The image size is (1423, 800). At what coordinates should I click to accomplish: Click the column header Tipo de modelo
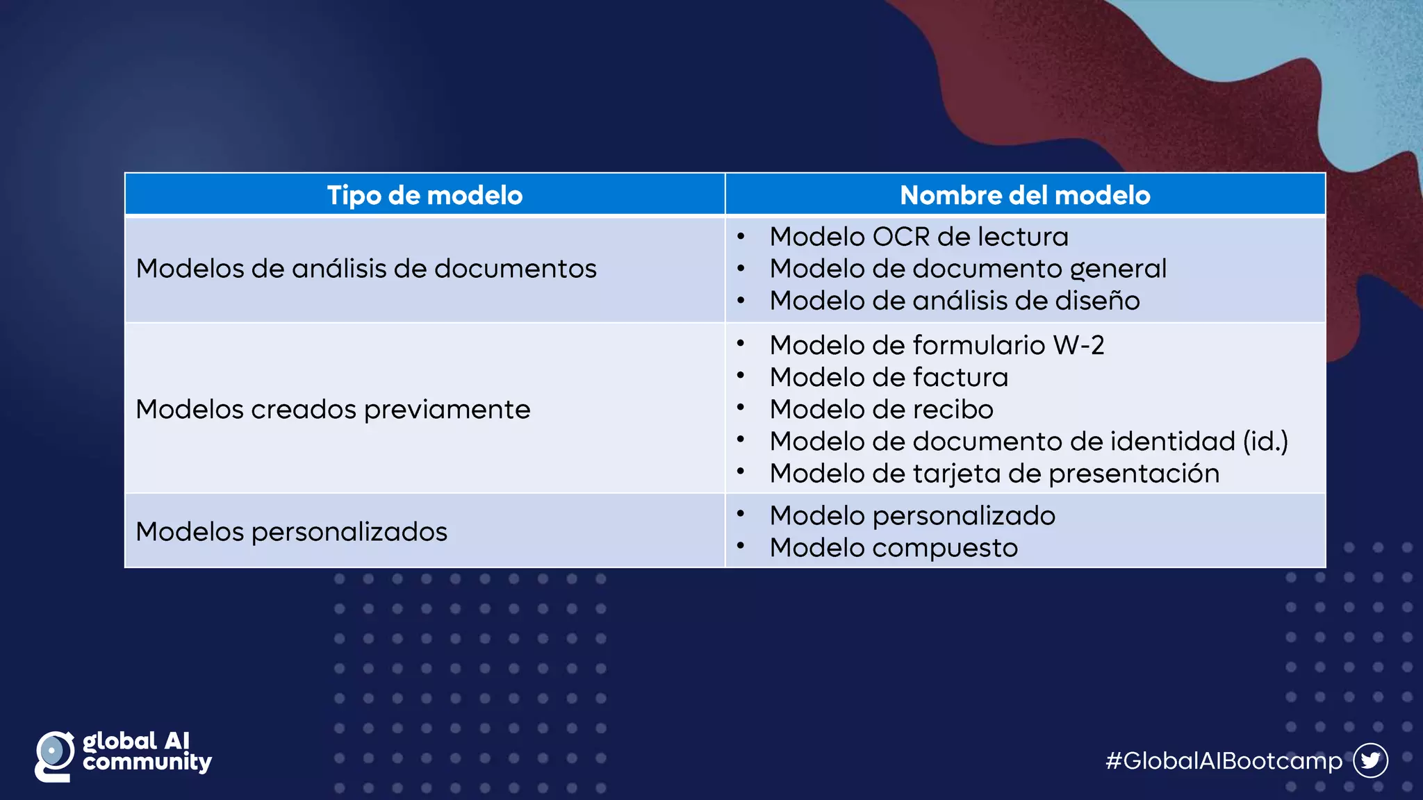(425, 195)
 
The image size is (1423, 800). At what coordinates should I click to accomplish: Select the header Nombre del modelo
(1025, 195)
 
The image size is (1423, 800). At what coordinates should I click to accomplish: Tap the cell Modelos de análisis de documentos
(366, 269)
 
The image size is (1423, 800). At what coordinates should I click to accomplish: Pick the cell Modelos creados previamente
(333, 410)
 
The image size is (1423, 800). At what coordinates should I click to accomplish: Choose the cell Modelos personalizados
(291, 532)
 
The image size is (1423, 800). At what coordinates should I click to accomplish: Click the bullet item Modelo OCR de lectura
(919, 237)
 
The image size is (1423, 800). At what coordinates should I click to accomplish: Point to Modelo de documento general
(968, 269)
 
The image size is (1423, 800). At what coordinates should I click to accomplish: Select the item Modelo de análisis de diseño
(955, 301)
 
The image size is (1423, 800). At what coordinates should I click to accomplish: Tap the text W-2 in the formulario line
(1078, 345)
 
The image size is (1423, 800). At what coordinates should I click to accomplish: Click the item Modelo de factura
(889, 377)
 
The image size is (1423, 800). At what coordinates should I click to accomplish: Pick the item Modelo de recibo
(881, 409)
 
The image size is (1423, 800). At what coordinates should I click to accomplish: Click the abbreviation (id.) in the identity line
(1265, 442)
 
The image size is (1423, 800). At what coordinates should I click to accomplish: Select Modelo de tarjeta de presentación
(994, 474)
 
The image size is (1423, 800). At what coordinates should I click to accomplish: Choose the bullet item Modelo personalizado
(912, 516)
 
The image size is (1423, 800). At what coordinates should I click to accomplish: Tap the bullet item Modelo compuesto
(894, 548)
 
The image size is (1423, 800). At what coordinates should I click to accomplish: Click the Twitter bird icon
(1370, 760)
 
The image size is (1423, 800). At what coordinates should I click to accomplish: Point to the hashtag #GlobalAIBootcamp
(1224, 761)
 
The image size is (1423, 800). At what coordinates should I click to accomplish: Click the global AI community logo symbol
(54, 756)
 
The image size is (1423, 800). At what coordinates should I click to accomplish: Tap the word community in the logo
(147, 763)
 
